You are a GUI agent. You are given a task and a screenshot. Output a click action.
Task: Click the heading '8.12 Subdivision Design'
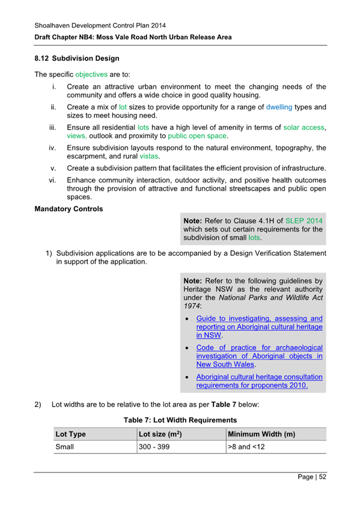77,58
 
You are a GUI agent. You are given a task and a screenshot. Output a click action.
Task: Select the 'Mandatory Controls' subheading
69,209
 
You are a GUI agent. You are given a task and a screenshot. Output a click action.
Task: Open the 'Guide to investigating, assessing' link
259,318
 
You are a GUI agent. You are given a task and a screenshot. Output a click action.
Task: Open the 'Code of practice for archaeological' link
259,348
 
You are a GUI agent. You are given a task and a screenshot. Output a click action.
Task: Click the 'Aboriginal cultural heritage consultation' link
259,377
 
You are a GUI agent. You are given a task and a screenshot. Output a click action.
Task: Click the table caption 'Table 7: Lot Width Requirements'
180,419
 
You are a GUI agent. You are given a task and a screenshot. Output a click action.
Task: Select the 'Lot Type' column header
70,434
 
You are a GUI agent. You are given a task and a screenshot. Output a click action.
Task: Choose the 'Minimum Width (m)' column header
261,434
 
